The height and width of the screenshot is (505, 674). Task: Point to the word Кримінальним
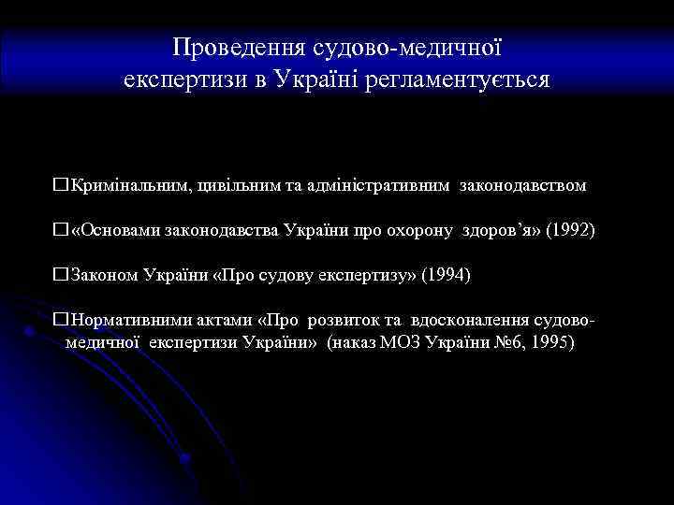[x=129, y=185]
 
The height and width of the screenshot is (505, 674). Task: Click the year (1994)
[x=447, y=275]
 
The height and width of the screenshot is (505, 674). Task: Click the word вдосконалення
[x=461, y=320]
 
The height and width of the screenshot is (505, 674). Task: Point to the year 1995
[x=549, y=342]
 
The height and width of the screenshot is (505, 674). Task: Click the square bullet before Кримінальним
[x=60, y=185]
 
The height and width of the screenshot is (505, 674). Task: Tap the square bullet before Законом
[x=60, y=275]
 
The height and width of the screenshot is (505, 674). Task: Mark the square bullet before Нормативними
[x=60, y=320]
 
